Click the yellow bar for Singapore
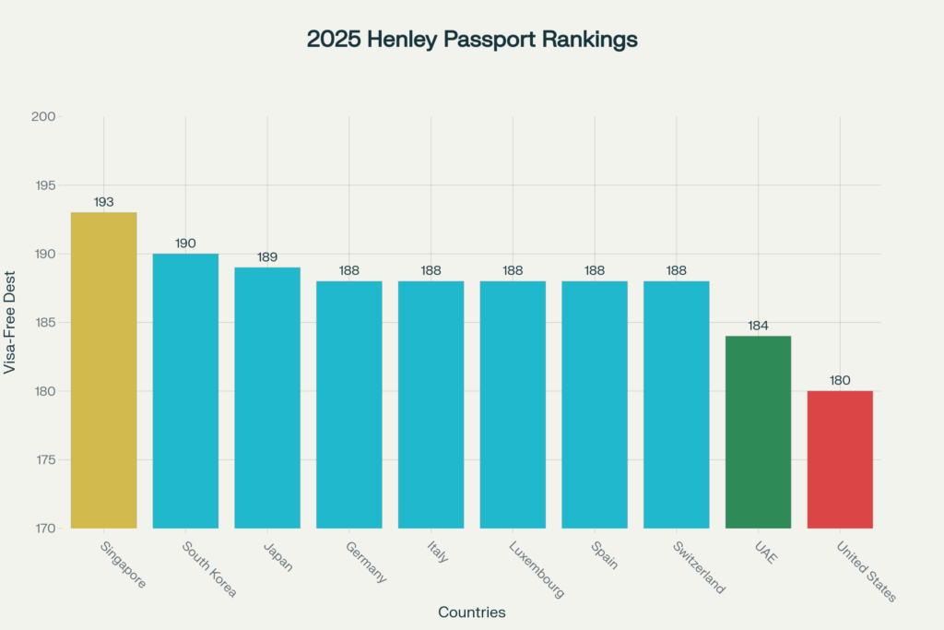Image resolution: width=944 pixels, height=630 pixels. coord(103,370)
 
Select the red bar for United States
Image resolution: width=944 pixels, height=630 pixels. coord(840,459)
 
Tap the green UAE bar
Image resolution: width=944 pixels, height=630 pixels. coord(758,432)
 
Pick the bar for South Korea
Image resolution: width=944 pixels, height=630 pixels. coord(185,390)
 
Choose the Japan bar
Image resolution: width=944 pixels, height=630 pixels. coord(267,398)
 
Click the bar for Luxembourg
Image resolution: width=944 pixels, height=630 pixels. coord(513,404)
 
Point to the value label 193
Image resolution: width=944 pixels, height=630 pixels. coord(103,202)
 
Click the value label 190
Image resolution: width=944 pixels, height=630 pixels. coord(185,244)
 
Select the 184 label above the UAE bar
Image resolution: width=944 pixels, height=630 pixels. coord(758,326)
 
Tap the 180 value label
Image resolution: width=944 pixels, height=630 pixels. coord(840,380)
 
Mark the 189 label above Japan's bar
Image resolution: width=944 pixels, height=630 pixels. coord(267,257)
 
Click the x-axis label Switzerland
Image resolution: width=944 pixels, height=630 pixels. coord(698,566)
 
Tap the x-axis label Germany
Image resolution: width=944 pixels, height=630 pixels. coord(366,562)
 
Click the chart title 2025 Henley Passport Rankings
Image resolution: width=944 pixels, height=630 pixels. coord(472,40)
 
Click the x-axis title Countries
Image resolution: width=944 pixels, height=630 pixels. coord(472,612)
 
